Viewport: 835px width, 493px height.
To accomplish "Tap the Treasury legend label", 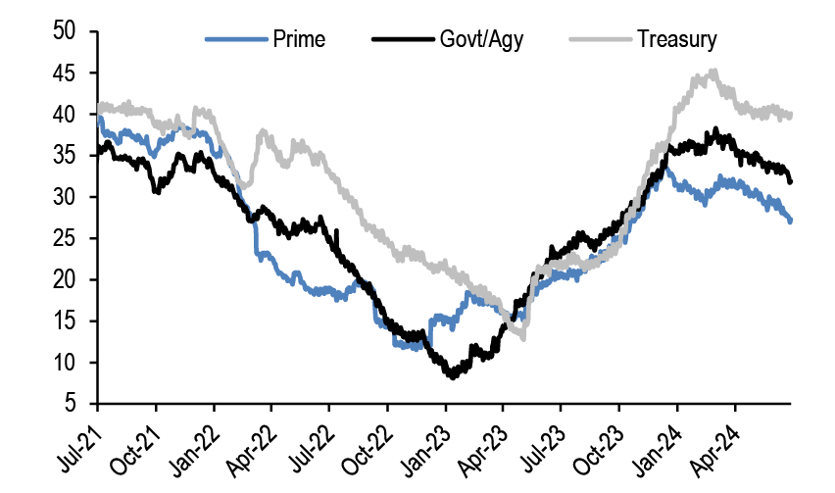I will click(676, 40).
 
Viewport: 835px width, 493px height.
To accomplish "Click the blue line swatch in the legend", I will click(236, 40).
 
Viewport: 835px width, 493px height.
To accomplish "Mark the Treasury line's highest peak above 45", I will click(713, 71).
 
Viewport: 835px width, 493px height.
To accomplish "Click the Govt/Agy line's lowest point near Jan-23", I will click(452, 375).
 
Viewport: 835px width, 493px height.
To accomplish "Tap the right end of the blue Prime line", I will click(790, 221).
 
